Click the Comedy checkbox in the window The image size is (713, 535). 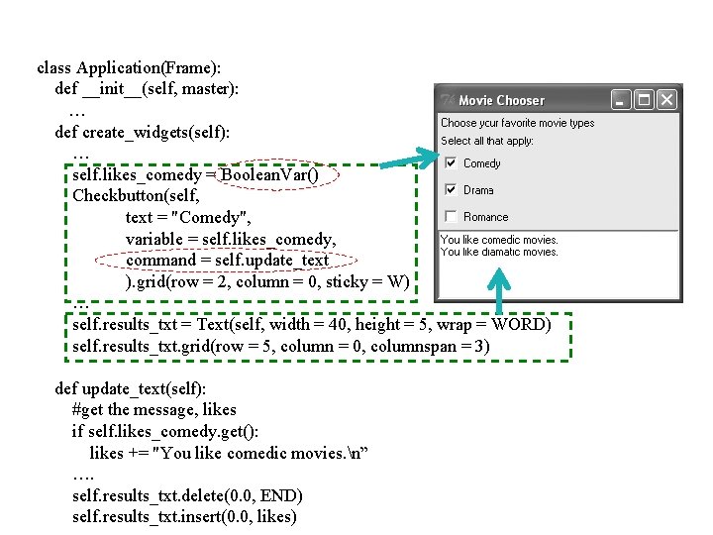click(451, 163)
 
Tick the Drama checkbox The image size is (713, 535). click(451, 190)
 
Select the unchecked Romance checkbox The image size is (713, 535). click(451, 217)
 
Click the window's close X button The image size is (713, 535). click(666, 99)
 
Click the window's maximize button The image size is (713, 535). click(644, 99)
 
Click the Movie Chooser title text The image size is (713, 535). click(501, 100)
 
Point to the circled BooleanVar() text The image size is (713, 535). click(269, 175)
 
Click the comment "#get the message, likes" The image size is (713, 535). click(154, 409)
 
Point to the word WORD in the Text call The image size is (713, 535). click(519, 325)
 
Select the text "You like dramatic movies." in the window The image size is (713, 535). click(499, 252)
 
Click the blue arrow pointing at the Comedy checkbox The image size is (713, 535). click(406, 160)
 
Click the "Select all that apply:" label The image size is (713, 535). click(487, 141)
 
